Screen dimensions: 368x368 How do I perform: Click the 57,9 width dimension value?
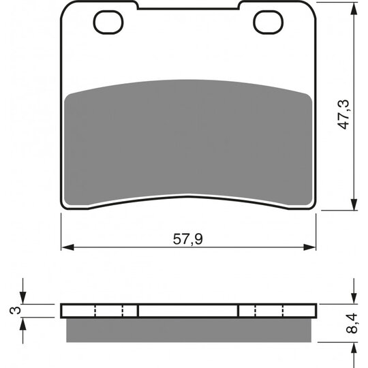188,239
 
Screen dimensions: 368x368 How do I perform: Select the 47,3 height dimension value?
343,114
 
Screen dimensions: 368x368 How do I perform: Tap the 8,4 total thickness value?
352,323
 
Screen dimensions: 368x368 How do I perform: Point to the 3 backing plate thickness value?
15,310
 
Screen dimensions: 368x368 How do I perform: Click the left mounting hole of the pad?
108,22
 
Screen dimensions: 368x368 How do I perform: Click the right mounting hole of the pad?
269,22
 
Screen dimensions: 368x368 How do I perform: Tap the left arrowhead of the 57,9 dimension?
67,247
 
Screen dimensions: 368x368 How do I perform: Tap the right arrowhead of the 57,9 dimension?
309,247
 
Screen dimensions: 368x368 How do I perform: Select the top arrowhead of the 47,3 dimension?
354,9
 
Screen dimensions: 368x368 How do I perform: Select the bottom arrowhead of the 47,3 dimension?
354,204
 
